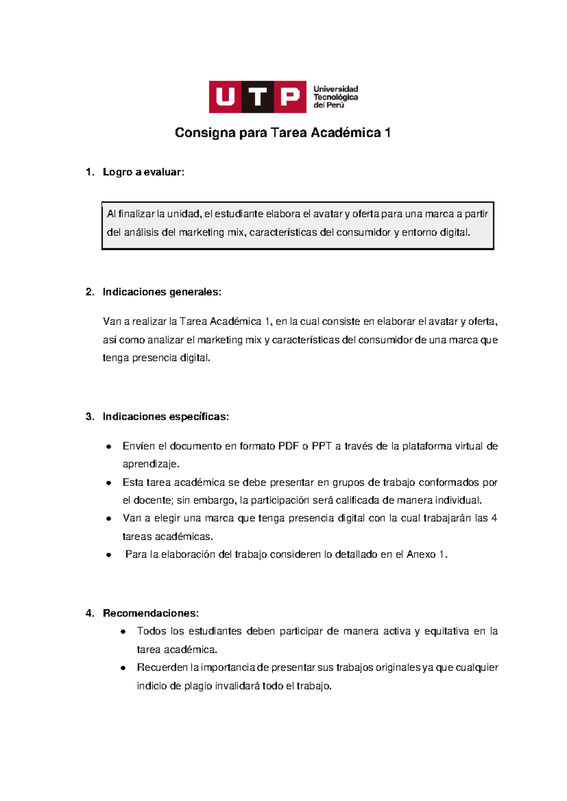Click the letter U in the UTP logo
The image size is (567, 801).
(x=225, y=97)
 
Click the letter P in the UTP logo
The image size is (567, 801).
(x=290, y=97)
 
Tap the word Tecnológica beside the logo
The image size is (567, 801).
(x=335, y=97)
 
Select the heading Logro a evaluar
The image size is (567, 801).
(x=143, y=172)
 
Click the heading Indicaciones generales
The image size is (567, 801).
(x=162, y=292)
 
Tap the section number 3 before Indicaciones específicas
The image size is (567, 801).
(x=89, y=417)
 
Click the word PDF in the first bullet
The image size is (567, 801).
(x=288, y=446)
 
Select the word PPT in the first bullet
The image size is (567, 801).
(x=322, y=446)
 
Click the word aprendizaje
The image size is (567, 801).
(x=151, y=464)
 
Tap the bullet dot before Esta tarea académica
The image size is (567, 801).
(x=109, y=483)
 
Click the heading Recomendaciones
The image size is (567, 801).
(x=150, y=614)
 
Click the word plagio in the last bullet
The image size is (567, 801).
(x=198, y=686)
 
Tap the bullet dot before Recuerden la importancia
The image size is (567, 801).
(x=123, y=668)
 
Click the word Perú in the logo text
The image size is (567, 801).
(x=335, y=105)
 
